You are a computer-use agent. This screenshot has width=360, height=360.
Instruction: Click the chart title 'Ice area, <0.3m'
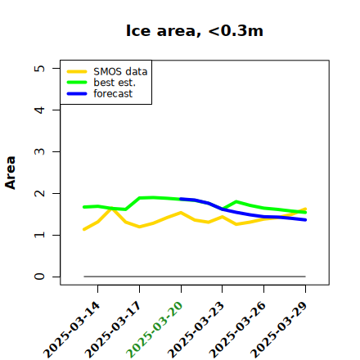(195, 30)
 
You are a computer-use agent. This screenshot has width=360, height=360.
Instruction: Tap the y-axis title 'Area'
(11, 173)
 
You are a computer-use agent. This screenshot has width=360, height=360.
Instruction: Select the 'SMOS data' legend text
(120, 72)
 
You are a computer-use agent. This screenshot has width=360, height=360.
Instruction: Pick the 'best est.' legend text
(115, 83)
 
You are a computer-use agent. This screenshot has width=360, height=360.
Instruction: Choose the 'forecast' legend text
(113, 93)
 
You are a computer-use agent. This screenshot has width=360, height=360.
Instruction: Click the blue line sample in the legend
(77, 94)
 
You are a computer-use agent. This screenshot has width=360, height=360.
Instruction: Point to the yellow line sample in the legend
(77, 72)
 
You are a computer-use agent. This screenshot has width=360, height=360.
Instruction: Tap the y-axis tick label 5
(39, 68)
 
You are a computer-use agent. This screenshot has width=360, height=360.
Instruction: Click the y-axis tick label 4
(39, 110)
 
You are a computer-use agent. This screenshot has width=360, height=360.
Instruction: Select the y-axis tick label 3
(39, 151)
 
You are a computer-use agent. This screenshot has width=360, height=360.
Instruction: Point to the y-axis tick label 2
(39, 193)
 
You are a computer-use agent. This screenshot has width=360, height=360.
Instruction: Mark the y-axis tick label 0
(39, 277)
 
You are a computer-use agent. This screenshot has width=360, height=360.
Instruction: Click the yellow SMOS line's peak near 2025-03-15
(111, 209)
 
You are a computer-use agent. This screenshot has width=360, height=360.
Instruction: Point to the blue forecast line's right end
(305, 220)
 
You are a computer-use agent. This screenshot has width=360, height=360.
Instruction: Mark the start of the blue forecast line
(181, 199)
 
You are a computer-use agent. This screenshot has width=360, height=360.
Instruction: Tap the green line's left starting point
(84, 207)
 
